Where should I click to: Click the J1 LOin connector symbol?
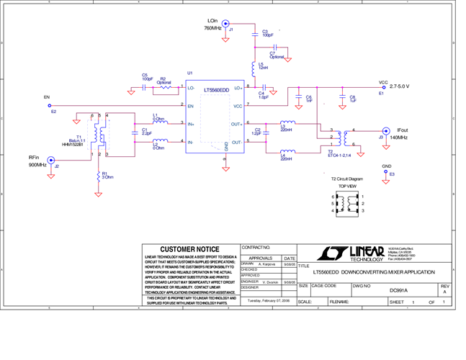[225, 24]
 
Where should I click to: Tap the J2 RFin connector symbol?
[51, 161]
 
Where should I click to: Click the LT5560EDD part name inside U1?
[215, 91]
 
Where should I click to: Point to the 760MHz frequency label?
[212, 28]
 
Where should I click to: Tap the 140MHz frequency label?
[398, 137]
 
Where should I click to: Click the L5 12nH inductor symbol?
[254, 66]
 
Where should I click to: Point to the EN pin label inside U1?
[190, 106]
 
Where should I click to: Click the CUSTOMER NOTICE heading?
[189, 249]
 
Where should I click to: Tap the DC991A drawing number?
[398, 290]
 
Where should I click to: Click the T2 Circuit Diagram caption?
[347, 179]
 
